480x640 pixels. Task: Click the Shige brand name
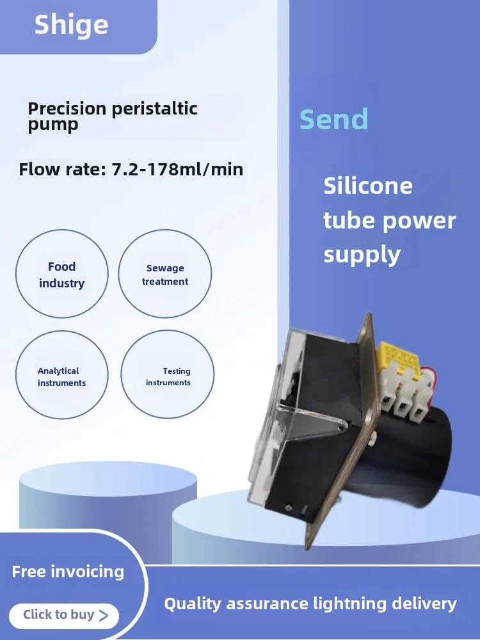coord(71,26)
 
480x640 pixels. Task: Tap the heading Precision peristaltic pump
coord(113,116)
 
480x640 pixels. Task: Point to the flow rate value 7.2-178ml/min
coord(177,169)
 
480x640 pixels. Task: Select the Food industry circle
coord(62,273)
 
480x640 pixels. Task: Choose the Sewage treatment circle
coord(165,273)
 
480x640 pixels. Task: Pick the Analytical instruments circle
coord(62,374)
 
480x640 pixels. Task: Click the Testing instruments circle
coord(167,374)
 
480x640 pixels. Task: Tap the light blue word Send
coord(333,119)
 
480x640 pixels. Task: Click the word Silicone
coord(368,186)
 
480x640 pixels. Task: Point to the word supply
coord(362,255)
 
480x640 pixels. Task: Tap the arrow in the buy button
coord(104,615)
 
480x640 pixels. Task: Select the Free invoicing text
coord(68,572)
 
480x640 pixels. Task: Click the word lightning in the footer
coord(346,604)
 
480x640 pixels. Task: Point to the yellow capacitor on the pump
coord(397,358)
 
